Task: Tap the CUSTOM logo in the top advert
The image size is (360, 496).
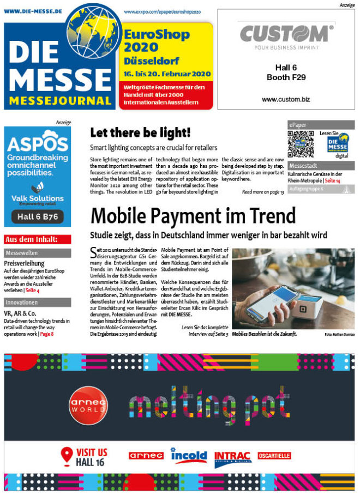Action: point(287,34)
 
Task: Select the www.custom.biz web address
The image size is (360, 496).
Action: point(287,100)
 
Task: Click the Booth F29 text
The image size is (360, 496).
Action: point(286,77)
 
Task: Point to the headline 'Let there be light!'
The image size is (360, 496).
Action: point(140,132)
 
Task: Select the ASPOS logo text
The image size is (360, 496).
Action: point(37,144)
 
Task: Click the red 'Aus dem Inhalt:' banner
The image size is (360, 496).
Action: point(37,239)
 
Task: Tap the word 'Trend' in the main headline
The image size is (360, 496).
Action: point(265,216)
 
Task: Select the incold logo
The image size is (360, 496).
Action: point(189,455)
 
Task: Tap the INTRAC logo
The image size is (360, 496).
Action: point(233,456)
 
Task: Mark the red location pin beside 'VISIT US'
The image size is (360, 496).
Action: point(67,455)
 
